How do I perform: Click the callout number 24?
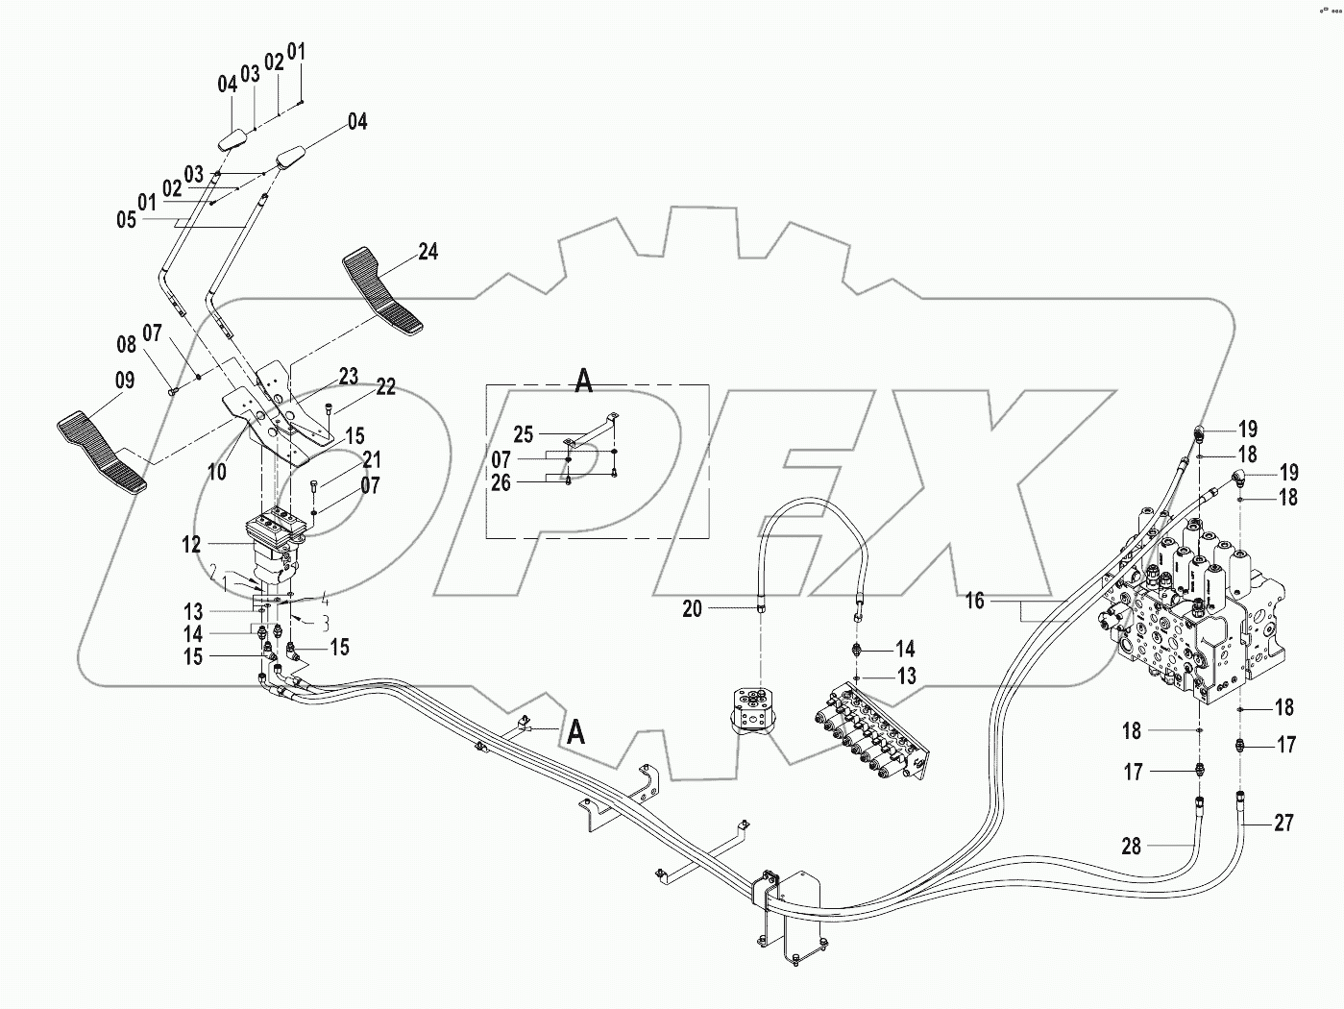[x=428, y=252]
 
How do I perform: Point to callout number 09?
[x=125, y=381]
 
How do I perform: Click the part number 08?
[x=127, y=343]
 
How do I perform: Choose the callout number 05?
[x=126, y=220]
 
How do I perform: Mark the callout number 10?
[x=217, y=472]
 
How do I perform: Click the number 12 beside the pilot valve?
[x=192, y=545]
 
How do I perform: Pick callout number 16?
[x=975, y=602]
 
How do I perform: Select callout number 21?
[x=371, y=460]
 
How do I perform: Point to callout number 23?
[x=347, y=377]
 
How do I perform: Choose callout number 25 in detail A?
[x=523, y=435]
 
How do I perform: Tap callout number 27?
[x=1283, y=823]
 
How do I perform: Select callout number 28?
[x=1132, y=846]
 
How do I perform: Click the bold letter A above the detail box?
[x=583, y=381]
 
